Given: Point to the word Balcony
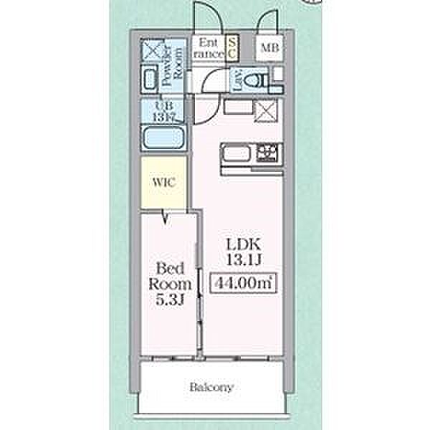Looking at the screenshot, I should click(211, 388).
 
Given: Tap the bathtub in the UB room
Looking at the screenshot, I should click(164, 137).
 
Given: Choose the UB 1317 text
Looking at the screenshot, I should click(164, 111).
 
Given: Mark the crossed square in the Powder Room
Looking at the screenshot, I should click(152, 50).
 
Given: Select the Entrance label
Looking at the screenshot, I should click(209, 48).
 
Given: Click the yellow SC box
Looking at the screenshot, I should click(232, 48).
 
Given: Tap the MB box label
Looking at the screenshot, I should click(269, 49).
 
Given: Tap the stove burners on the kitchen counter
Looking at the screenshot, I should click(269, 153).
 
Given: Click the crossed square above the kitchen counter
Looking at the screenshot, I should click(269, 112).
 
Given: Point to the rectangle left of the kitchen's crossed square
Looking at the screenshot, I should click(238, 107).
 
